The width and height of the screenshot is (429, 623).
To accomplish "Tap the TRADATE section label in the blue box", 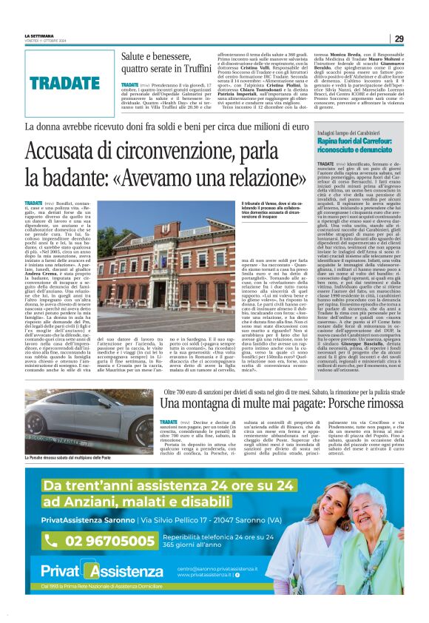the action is [x=65, y=82].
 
